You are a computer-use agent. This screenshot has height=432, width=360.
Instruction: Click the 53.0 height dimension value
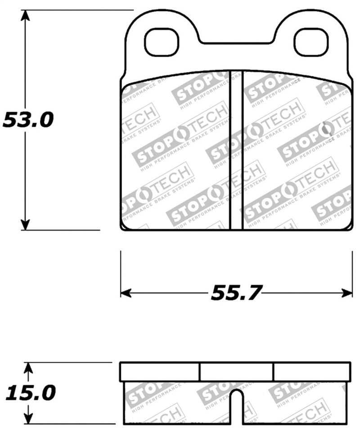(x=28, y=120)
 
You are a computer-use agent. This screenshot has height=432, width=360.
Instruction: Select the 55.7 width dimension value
(x=236, y=293)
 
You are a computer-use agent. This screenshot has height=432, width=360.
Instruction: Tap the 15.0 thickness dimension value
(x=30, y=393)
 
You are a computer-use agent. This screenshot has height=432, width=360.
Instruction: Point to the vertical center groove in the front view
(x=236, y=151)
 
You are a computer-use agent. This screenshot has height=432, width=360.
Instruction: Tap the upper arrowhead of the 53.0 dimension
(x=26, y=16)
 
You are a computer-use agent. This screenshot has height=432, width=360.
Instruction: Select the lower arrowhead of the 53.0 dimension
(x=26, y=223)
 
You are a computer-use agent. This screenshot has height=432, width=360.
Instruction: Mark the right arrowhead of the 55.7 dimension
(x=347, y=293)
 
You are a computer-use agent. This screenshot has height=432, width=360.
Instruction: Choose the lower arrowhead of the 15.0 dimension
(x=28, y=418)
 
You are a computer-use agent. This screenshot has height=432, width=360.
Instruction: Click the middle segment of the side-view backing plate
(x=236, y=372)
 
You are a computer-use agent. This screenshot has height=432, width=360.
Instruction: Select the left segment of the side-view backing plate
(x=159, y=372)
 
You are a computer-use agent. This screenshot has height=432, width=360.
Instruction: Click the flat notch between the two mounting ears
(x=236, y=44)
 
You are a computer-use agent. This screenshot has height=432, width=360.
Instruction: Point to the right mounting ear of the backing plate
(x=310, y=27)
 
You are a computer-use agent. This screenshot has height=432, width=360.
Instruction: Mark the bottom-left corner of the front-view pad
(x=122, y=228)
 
